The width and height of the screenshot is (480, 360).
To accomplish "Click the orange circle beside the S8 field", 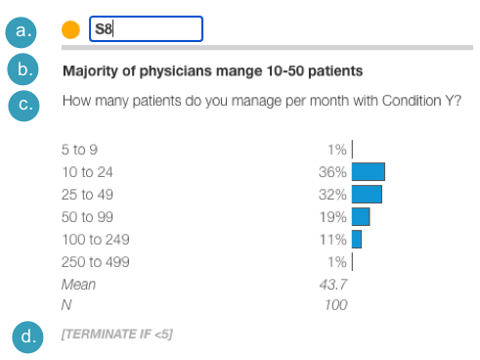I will point(70,29).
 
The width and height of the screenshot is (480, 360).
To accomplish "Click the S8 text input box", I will point(146,29).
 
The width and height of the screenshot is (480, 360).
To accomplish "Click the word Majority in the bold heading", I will point(88,71).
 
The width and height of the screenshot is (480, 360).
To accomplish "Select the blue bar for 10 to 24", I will point(369,172).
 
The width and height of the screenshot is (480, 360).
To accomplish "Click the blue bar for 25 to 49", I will point(367,194).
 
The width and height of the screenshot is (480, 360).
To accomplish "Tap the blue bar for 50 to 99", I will point(361,216).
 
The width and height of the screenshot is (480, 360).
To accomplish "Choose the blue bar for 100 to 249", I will point(357,239).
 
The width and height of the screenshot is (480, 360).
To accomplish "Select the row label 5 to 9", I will point(80,150).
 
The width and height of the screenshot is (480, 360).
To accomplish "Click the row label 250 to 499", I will point(95,261).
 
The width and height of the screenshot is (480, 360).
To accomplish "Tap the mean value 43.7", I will point(333,284).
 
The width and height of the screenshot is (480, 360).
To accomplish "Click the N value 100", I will point(335,305).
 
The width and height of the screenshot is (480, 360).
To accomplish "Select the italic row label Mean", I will point(78,284).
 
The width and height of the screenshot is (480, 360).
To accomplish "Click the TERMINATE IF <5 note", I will point(117,336).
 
